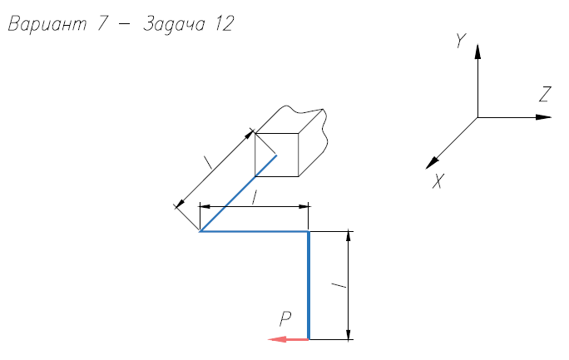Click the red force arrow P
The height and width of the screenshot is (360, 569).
(x=288, y=339)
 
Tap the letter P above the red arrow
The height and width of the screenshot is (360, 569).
(x=285, y=319)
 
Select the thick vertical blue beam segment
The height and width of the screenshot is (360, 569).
(x=309, y=285)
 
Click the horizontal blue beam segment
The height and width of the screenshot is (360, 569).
(x=254, y=231)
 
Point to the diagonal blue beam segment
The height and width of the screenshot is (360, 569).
(x=238, y=193)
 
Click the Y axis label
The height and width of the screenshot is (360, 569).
(x=461, y=41)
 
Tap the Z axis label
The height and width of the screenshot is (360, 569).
(x=545, y=94)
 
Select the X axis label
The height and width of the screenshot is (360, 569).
(x=438, y=181)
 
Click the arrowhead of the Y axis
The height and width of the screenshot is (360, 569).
(x=477, y=52)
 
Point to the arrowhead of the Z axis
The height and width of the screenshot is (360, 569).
(x=543, y=117)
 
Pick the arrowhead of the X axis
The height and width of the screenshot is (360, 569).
(x=432, y=163)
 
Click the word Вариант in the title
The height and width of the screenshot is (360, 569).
(x=47, y=24)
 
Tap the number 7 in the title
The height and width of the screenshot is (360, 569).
(x=102, y=24)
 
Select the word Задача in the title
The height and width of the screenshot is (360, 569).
(x=175, y=25)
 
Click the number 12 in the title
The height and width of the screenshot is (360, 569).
(x=224, y=24)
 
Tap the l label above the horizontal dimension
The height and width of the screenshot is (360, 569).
(x=255, y=198)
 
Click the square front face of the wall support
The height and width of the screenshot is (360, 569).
(x=276, y=155)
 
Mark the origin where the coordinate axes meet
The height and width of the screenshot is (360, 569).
(x=477, y=117)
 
